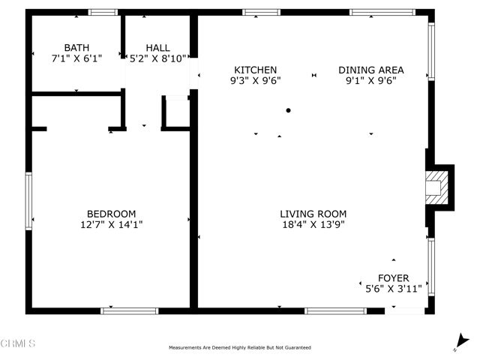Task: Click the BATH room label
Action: pyautogui.click(x=76, y=47)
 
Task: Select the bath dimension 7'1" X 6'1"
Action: pyautogui.click(x=76, y=57)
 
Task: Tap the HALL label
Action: pyautogui.click(x=157, y=47)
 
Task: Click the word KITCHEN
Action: pyautogui.click(x=255, y=70)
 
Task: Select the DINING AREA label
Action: pyautogui.click(x=370, y=70)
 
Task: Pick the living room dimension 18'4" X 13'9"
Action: pyautogui.click(x=313, y=223)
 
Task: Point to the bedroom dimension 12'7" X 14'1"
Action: pyautogui.click(x=111, y=223)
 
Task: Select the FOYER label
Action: pyautogui.click(x=393, y=278)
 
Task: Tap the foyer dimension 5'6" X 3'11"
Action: pyautogui.click(x=393, y=288)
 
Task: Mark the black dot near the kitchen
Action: pyautogui.click(x=288, y=110)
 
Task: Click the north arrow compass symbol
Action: pyautogui.click(x=458, y=343)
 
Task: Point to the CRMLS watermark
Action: pyautogui.click(x=18, y=343)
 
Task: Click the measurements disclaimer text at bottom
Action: pyautogui.click(x=240, y=348)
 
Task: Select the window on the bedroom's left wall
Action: pyautogui.click(x=28, y=199)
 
